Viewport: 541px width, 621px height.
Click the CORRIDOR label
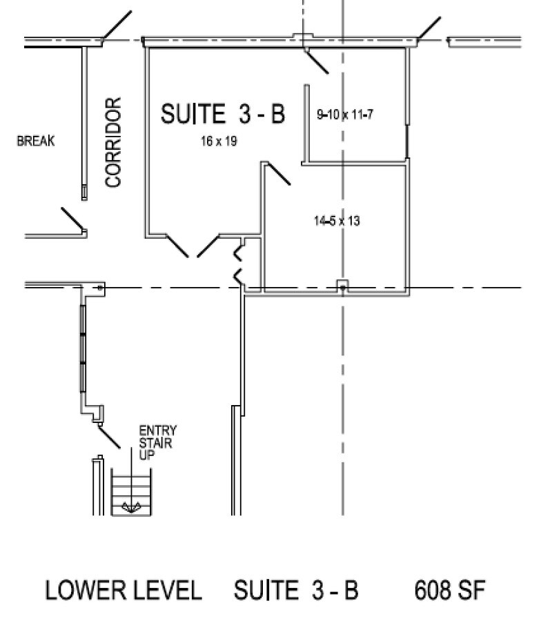coord(114,141)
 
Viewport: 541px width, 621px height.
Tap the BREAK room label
coord(35,141)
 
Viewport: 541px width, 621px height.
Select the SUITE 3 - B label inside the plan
coord(222,114)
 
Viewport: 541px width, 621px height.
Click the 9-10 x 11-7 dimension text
coord(344,115)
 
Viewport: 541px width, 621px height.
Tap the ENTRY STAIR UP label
coord(156,442)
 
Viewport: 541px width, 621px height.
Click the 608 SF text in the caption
coord(450,591)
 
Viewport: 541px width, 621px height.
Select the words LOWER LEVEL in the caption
coord(124,591)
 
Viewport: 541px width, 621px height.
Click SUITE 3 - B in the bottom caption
coord(296,591)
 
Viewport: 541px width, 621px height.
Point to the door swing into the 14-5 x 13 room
coord(278,173)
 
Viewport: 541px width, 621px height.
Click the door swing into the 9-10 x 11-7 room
coord(317,61)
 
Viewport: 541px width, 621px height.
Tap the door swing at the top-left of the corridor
coord(116,26)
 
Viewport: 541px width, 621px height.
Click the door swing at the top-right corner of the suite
coord(429,28)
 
